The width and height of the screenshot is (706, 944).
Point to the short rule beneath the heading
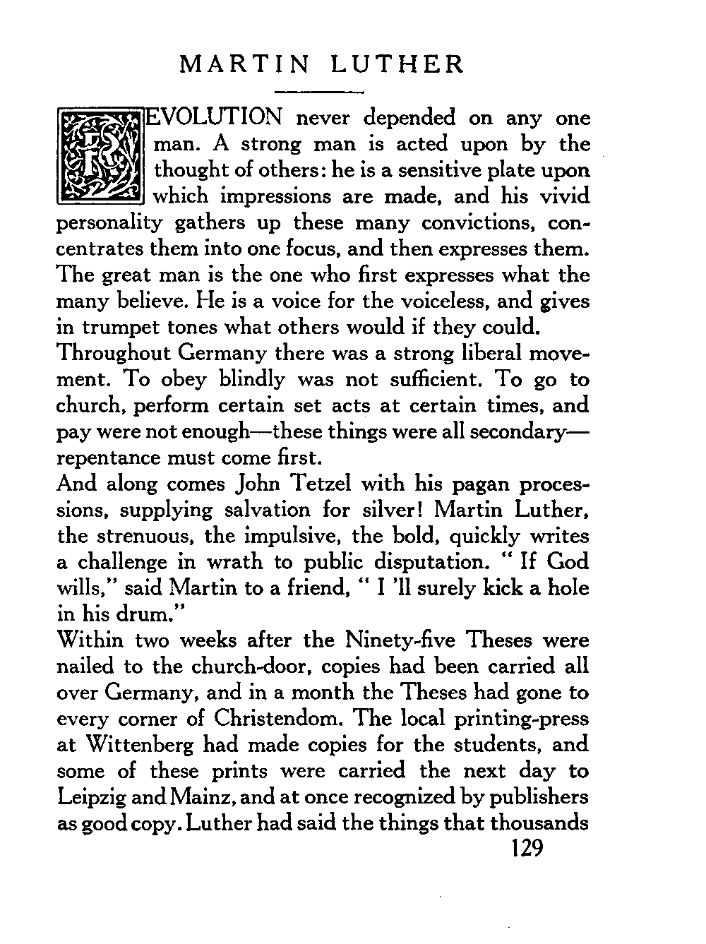tap(318, 92)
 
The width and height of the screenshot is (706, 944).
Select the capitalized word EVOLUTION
tap(215, 117)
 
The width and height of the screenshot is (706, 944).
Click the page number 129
tap(525, 848)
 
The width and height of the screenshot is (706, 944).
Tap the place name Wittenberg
tap(136, 745)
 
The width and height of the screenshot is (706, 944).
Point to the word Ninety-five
tap(388, 640)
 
